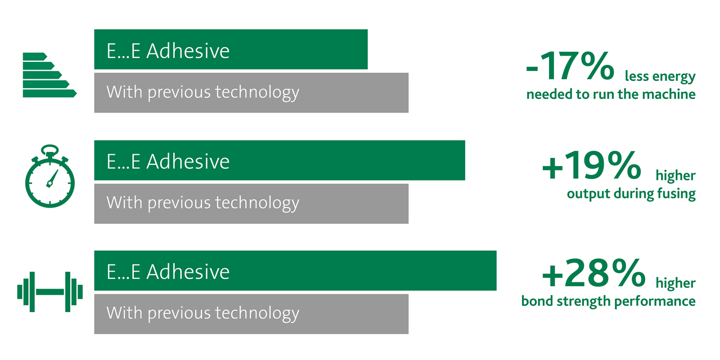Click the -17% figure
pyautogui.click(x=570, y=66)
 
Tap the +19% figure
pyautogui.click(x=591, y=165)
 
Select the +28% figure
pyautogui.click(x=593, y=273)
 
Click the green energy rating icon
pyautogui.click(x=50, y=75)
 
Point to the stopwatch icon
pyautogui.click(x=50, y=176)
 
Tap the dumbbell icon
pyautogui.click(x=50, y=292)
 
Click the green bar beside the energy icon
pyautogui.click(x=231, y=49)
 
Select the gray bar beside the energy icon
pyautogui.click(x=251, y=93)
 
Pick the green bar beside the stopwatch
pyautogui.click(x=280, y=160)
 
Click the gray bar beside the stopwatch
pyautogui.click(x=251, y=204)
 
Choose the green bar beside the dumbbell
pyautogui.click(x=295, y=271)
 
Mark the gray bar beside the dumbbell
pyautogui.click(x=251, y=314)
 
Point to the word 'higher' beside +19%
pyautogui.click(x=676, y=175)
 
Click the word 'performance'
pyautogui.click(x=655, y=302)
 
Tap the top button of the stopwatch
pyautogui.click(x=50, y=150)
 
